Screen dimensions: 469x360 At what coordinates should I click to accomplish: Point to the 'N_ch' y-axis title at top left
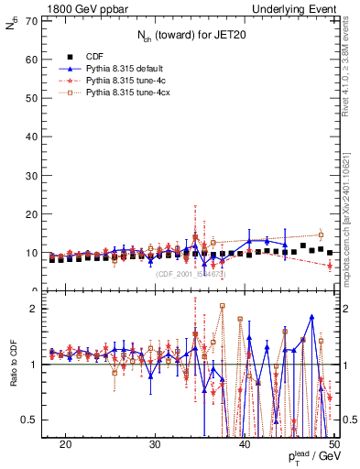tap(11, 27)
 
